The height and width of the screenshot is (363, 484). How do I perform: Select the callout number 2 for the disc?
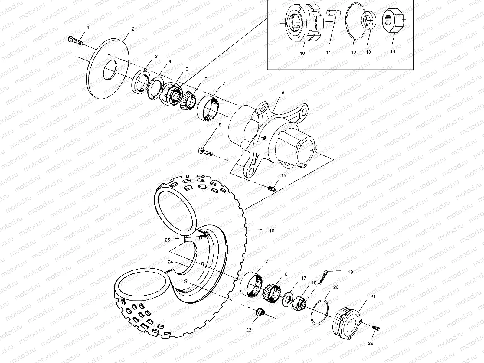133,29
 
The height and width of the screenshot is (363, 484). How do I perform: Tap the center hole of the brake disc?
110,70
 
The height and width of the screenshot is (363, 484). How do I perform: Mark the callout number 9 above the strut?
283,92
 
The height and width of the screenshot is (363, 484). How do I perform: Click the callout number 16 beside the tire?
271,231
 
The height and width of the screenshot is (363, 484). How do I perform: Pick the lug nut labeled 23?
260,312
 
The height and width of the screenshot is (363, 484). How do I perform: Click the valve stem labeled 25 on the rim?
205,234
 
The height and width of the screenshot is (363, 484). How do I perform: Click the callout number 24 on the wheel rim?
170,262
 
